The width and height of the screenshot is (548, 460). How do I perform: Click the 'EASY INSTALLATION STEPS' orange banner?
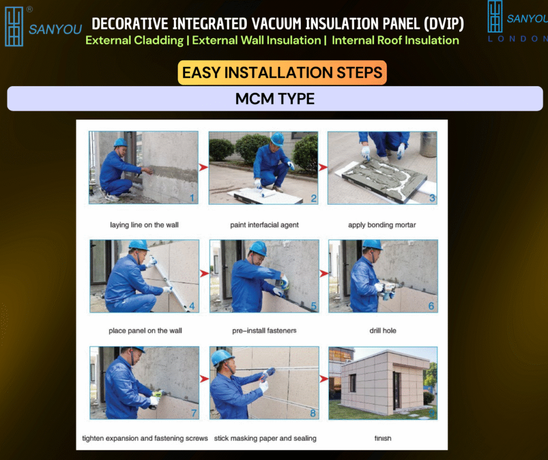[282, 73]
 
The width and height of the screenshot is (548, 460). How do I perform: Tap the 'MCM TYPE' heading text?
[275, 99]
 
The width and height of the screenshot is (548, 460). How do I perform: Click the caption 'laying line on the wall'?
[144, 225]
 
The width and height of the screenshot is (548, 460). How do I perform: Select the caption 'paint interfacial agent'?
[264, 225]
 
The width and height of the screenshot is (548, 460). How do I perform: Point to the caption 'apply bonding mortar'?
[382, 225]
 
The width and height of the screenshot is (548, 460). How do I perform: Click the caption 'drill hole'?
[383, 330]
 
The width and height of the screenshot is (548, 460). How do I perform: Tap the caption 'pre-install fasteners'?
[264, 330]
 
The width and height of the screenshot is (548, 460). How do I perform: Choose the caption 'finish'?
[383, 438]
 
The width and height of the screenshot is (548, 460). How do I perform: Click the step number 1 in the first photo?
[192, 198]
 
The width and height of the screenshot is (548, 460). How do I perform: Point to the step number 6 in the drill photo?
[431, 306]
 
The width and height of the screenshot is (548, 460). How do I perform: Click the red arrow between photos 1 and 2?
[203, 167]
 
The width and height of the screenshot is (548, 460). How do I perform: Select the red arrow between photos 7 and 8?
[204, 379]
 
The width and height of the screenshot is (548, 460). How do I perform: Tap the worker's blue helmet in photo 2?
[278, 139]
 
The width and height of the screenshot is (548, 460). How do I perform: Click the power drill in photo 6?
[389, 290]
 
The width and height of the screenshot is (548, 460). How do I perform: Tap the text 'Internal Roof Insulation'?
[395, 40]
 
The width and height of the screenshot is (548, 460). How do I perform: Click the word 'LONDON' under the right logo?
[517, 39]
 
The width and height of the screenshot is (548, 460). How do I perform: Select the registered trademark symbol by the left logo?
[30, 10]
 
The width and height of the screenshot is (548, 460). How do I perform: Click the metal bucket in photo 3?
[429, 144]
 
